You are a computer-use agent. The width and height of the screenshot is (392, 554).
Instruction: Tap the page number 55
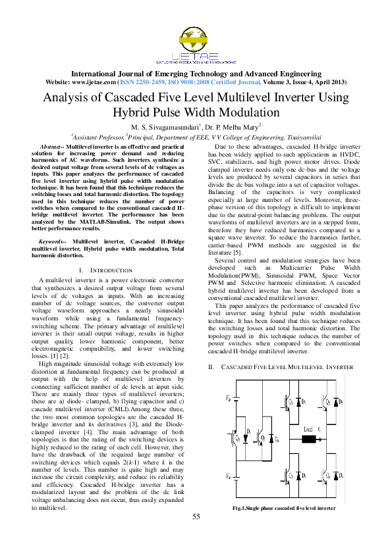point(196,534)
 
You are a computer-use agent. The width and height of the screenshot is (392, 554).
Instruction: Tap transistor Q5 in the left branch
point(238,437)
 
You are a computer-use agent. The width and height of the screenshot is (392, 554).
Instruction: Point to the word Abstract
point(53,146)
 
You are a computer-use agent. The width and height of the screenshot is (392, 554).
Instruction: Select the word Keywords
point(54,242)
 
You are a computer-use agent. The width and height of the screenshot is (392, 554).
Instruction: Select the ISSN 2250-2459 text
point(147,82)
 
